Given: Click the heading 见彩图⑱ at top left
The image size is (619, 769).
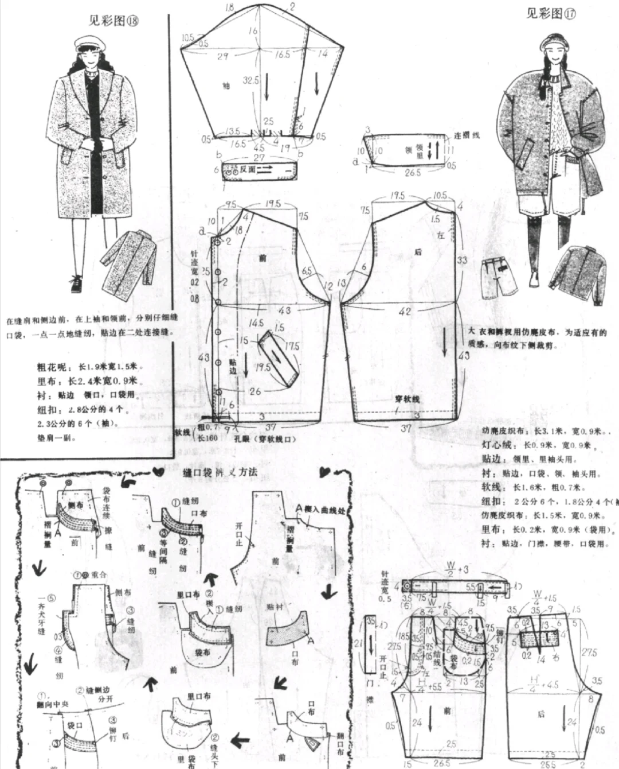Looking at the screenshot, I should click(113, 21).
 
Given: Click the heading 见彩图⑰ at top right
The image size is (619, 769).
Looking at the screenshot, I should click(550, 13).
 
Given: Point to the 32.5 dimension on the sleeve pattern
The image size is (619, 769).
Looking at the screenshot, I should click(250, 81).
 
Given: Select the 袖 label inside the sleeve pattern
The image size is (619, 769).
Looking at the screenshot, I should click(226, 86).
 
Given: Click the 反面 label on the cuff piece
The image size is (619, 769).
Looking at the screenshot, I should click(248, 169).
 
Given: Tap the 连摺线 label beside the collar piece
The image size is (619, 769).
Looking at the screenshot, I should click(467, 135).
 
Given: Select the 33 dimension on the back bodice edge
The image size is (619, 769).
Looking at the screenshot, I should click(462, 260).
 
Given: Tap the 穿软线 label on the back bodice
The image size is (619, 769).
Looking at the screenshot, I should click(407, 399).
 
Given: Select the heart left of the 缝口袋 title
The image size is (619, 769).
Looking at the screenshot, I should click(159, 472).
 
